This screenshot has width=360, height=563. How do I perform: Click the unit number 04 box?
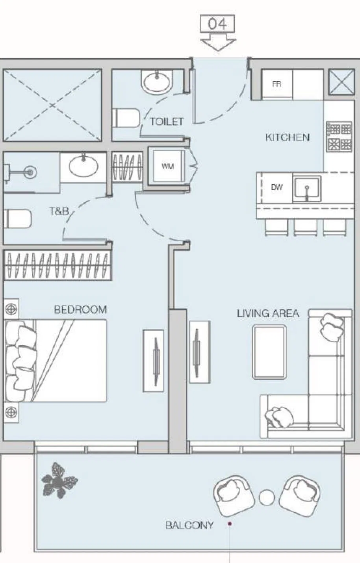tap(217, 24)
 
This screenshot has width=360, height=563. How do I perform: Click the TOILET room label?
tap(167, 122)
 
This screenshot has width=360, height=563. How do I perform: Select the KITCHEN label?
tap(288, 137)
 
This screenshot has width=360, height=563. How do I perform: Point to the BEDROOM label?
tap(80, 309)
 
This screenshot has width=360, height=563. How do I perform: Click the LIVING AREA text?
tap(268, 313)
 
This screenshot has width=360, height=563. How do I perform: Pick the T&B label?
tap(59, 211)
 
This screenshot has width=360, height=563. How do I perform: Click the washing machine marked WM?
tap(168, 166)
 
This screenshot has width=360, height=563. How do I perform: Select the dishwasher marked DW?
tap(276, 187)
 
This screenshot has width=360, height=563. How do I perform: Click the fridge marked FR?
tap(277, 84)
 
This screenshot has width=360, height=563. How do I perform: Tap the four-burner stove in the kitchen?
tap(339, 137)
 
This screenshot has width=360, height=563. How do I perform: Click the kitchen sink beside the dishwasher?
tap(307, 189)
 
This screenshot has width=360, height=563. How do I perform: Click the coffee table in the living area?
tap(269, 352)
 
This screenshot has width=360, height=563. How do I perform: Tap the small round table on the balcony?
tap(267, 498)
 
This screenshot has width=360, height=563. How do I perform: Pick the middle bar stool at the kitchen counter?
tap(305, 227)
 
